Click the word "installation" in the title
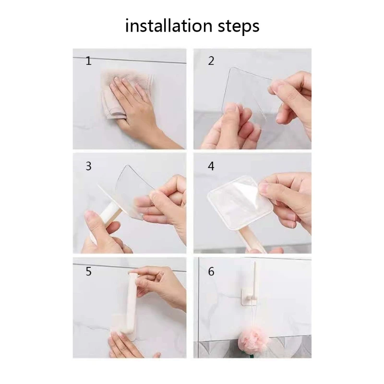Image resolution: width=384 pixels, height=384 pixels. (x=168, y=26)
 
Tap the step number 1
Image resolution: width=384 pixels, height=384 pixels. (x=89, y=61)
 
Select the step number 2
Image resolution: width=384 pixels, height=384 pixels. (x=211, y=61)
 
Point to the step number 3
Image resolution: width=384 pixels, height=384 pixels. (x=89, y=166)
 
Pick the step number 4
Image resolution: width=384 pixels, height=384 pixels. (x=211, y=166)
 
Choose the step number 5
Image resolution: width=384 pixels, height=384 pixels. (x=89, y=271)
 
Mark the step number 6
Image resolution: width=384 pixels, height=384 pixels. (x=211, y=271)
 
